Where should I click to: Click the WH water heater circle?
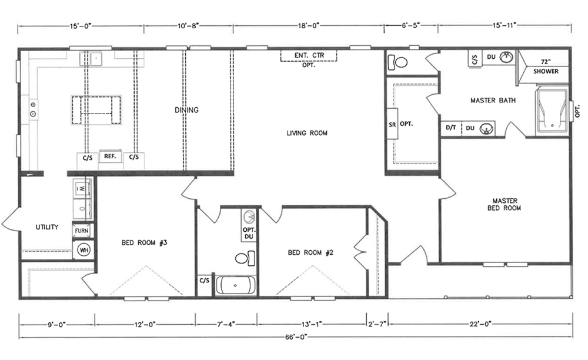pos(83,250)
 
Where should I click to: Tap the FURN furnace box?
pos(82,231)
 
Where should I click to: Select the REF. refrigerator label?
pos(110,156)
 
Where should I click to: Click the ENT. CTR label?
pos(309,55)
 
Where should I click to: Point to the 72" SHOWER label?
pos(546,66)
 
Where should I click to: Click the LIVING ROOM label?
pos(307,133)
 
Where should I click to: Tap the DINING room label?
pos(187,110)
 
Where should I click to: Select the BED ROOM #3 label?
pos(145,242)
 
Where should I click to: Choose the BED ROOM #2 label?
pos(310,253)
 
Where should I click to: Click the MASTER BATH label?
pos(493,101)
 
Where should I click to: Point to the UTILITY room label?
pos(47,227)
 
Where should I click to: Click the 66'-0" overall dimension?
pos(296,336)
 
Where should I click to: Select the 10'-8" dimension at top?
pos(188,25)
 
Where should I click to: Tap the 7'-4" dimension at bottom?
pos(226,324)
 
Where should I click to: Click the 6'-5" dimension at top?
pos(410,25)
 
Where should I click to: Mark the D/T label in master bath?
pos(451,128)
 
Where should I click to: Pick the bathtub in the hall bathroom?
pos(236,285)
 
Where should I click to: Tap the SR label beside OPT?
pos(392,125)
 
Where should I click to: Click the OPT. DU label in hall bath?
pos(249,233)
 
